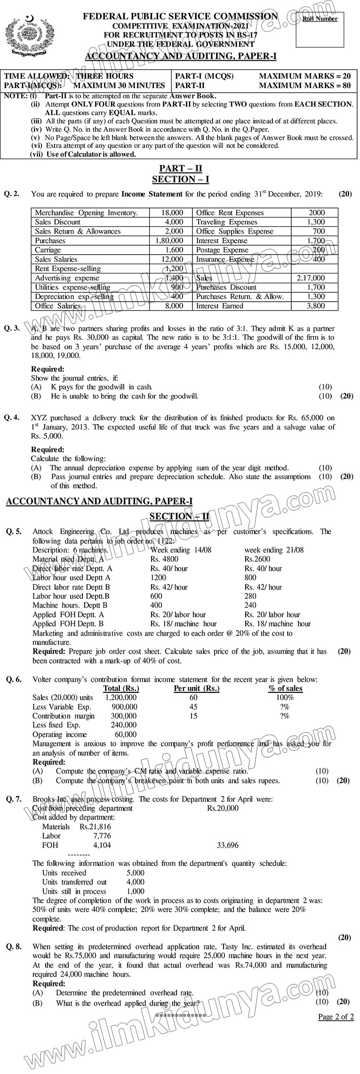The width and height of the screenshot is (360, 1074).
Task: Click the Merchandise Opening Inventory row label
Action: click(87, 213)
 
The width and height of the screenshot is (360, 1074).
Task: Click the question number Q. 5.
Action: click(14, 531)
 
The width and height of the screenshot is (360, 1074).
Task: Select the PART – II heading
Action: click(181, 168)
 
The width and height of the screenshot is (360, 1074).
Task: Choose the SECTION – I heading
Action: click(181, 179)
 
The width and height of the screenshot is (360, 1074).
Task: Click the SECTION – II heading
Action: click(179, 516)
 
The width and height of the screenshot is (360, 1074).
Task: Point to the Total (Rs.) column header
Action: click(121, 688)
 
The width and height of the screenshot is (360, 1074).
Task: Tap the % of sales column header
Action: click(285, 688)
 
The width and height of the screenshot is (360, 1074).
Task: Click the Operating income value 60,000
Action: click(126, 734)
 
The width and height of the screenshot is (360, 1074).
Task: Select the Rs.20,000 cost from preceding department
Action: click(223, 808)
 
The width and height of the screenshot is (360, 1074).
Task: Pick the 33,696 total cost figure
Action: click(227, 845)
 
